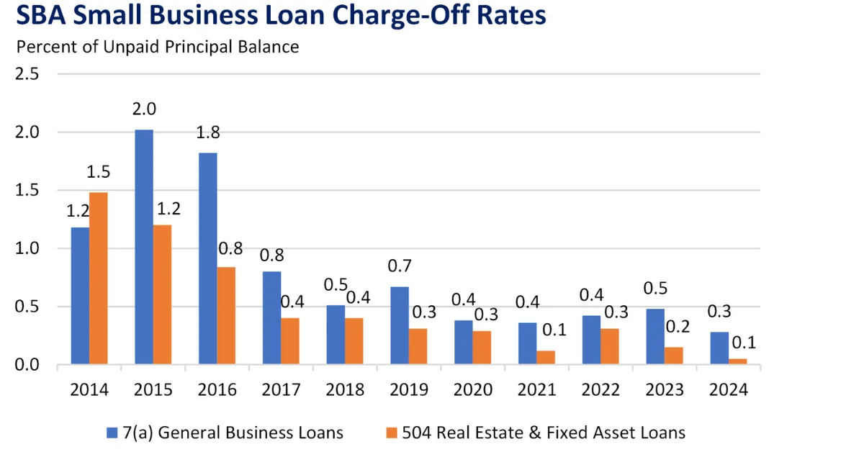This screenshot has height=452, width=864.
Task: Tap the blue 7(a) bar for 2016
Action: tap(208, 258)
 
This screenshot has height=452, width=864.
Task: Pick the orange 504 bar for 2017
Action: tap(290, 341)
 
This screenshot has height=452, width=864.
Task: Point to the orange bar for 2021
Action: tap(546, 358)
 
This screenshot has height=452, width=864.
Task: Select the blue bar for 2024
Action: tap(719, 348)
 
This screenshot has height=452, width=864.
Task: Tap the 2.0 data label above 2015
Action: tap(144, 109)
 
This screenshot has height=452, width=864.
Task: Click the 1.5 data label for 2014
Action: tap(98, 173)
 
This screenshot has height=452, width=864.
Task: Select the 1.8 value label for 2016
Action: tap(208, 133)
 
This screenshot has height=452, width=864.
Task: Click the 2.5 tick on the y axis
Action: tap(27, 74)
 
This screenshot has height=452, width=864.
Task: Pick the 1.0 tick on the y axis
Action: tap(27, 249)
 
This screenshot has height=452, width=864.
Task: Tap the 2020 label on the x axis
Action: tap(473, 390)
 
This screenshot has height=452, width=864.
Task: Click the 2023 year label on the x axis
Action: tap(665, 390)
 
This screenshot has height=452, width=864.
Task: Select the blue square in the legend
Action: tap(112, 433)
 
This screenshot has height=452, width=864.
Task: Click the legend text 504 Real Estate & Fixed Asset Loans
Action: tap(544, 433)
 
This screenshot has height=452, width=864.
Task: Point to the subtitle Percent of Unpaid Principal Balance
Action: tap(158, 48)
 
